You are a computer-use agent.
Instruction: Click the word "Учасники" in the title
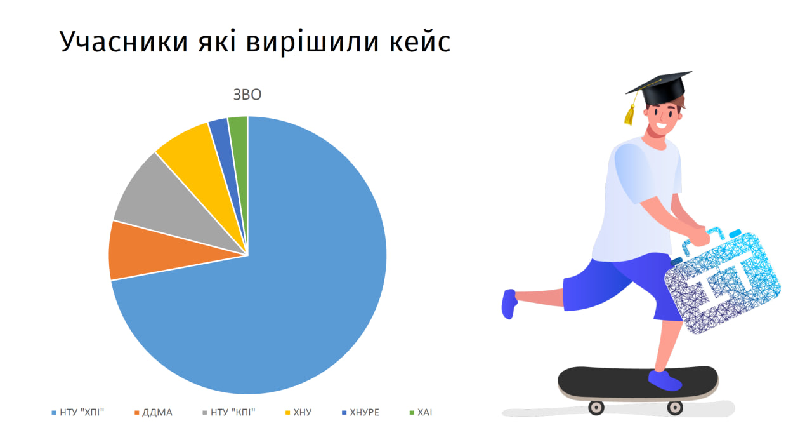(124, 42)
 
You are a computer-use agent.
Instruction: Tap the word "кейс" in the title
(420, 41)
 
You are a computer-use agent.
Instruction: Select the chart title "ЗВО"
(247, 95)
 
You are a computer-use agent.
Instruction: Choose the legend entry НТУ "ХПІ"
(78, 412)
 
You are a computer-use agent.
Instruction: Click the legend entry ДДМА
(154, 413)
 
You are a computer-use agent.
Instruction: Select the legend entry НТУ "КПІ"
(229, 412)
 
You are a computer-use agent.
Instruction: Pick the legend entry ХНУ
(298, 413)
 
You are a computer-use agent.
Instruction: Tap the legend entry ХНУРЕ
(361, 413)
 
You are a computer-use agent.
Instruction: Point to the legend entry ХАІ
(421, 413)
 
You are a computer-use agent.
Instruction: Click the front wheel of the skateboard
(674, 408)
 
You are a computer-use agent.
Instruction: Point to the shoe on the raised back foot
(509, 304)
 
